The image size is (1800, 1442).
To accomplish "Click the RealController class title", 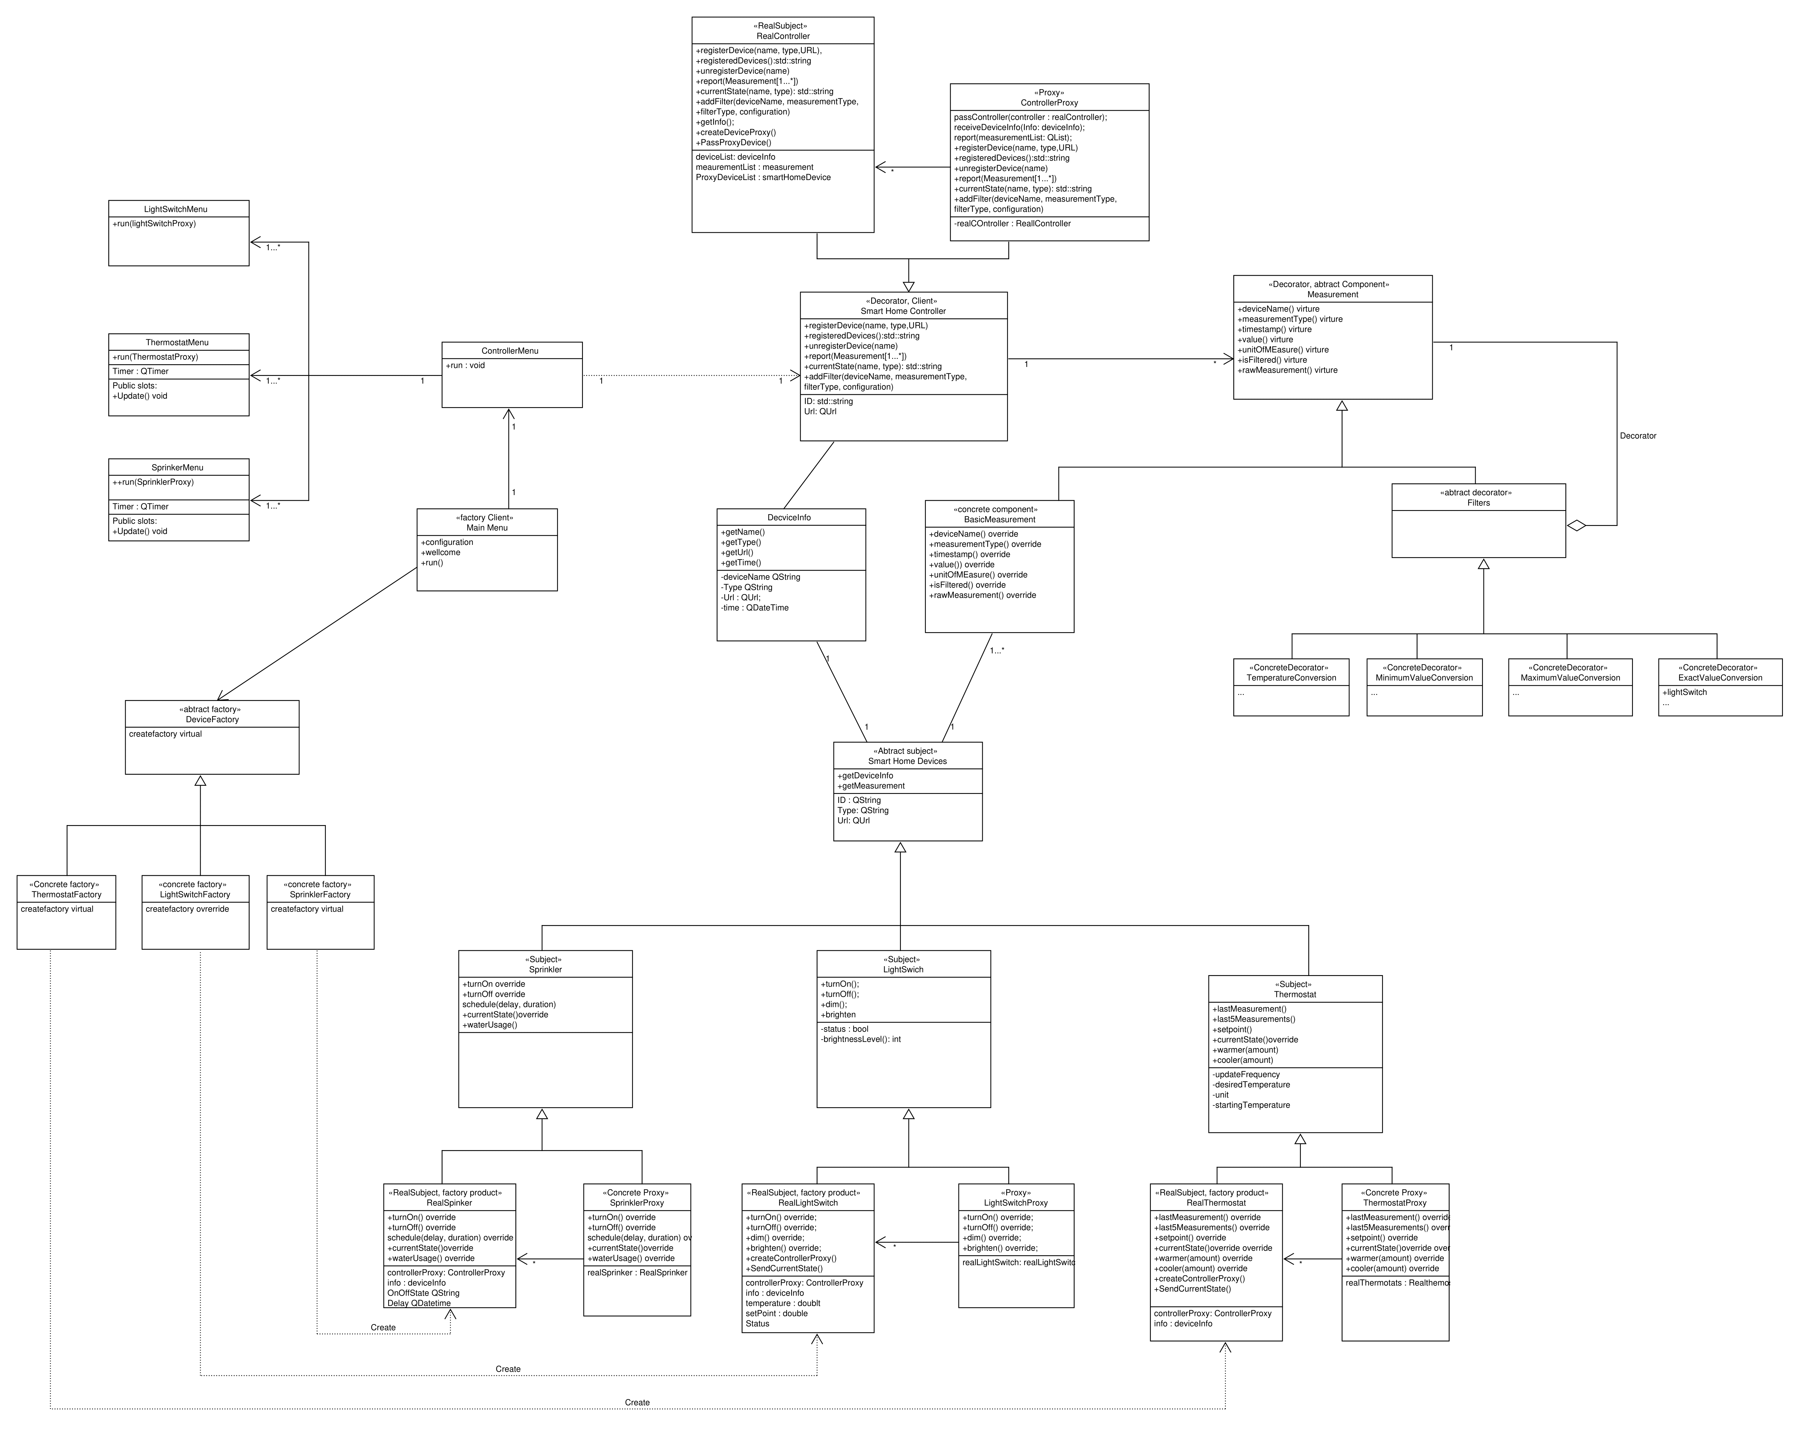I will pyautogui.click(x=782, y=36).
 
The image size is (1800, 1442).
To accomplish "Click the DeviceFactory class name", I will pyautogui.click(x=212, y=719).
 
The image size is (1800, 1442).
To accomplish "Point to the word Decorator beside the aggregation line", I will pyautogui.click(x=1637, y=436).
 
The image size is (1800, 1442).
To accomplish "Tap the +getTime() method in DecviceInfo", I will pyautogui.click(x=740, y=563).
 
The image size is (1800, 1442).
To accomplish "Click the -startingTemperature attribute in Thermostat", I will pyautogui.click(x=1251, y=1105).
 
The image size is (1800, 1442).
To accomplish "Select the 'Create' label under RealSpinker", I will pyautogui.click(x=383, y=1327).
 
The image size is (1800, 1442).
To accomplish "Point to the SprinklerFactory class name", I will pyautogui.click(x=320, y=894).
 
